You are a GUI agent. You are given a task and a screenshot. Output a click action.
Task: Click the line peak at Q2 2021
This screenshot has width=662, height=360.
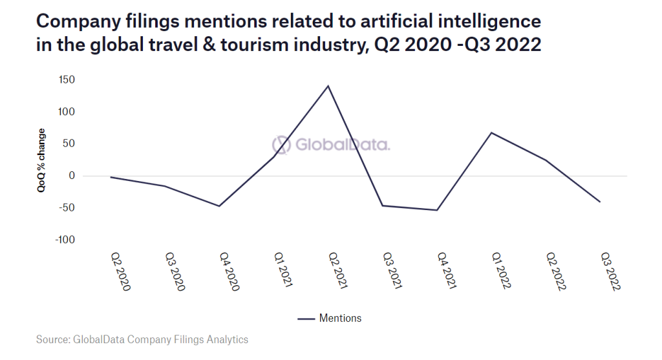point(328,86)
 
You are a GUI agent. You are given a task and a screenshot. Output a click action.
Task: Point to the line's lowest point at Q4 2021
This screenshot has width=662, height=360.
point(437,210)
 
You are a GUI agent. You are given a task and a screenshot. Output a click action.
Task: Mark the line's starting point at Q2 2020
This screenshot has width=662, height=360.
point(111,177)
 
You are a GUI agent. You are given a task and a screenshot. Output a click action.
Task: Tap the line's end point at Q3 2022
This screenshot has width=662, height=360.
point(601,202)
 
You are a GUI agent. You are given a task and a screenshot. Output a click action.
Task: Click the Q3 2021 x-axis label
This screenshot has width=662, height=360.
point(392,271)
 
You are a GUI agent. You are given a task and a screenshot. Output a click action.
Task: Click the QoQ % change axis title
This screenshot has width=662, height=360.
point(41,162)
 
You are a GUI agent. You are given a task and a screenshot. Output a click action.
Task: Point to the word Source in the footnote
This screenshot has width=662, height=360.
point(52,339)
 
